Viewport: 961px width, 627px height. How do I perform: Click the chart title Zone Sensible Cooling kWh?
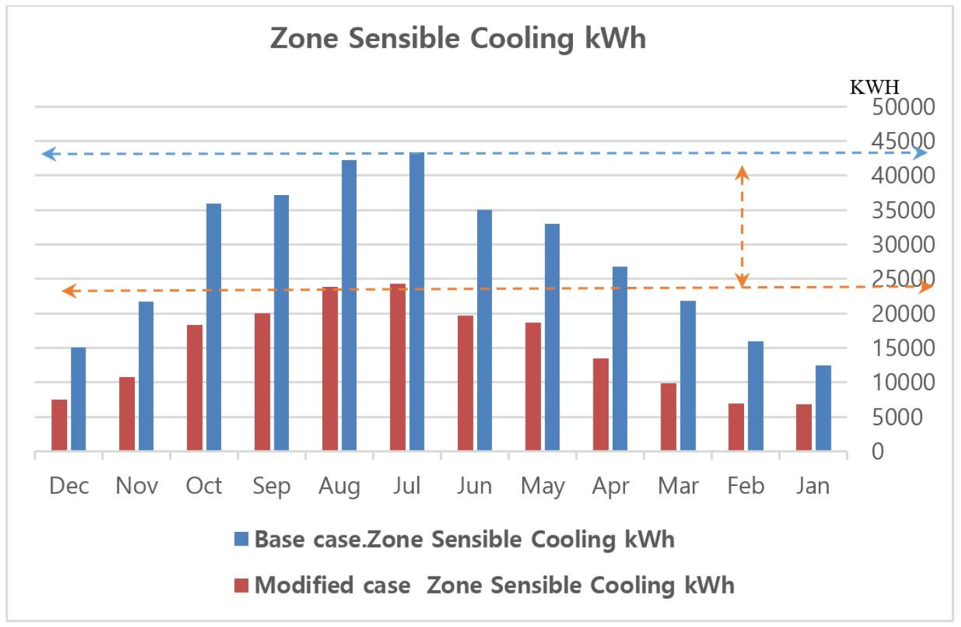pos(458,38)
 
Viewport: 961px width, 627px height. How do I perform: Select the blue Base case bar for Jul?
pos(417,301)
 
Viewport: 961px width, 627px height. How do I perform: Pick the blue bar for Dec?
pos(78,398)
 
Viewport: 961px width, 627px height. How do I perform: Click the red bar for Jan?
pos(804,427)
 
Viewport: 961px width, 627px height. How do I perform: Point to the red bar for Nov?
pos(127,413)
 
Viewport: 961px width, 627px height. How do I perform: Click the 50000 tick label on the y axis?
pos(903,107)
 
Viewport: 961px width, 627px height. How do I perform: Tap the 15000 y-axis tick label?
pos(903,348)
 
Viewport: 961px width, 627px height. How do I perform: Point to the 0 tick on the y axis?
pos(877,452)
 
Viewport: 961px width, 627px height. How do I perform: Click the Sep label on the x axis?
pos(272,486)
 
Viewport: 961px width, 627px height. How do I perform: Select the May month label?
pos(543,486)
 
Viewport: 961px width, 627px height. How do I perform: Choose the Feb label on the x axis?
pos(745,486)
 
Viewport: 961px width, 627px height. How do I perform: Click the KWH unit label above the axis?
pos(874,87)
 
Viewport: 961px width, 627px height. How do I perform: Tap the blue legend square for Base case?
pos(241,539)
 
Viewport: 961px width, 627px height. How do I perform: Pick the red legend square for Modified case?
pos(241,585)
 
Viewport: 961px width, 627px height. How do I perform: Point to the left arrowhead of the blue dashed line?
pos(48,154)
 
